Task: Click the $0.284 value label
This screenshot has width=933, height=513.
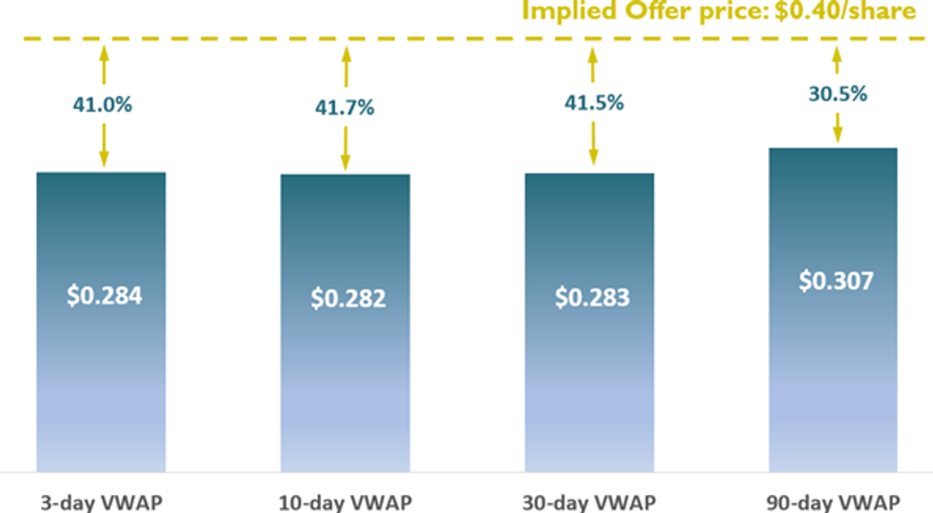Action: click(x=104, y=295)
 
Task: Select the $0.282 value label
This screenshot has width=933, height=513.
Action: click(x=347, y=298)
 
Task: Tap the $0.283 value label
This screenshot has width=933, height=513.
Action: click(x=591, y=297)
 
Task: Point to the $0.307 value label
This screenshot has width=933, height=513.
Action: click(x=835, y=282)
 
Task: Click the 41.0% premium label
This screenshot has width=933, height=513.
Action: click(x=102, y=105)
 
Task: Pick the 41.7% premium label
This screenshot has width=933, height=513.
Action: click(x=345, y=108)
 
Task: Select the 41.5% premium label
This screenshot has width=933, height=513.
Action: click(x=593, y=103)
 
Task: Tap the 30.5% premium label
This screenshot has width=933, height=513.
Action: click(x=838, y=94)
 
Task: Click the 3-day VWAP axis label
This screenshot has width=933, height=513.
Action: click(x=100, y=502)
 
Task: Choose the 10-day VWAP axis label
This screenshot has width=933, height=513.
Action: click(x=344, y=502)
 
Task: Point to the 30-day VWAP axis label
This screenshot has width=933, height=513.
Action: click(x=590, y=502)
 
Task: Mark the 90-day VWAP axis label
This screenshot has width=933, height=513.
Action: click(x=834, y=502)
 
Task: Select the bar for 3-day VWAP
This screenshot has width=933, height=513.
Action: click(x=101, y=381)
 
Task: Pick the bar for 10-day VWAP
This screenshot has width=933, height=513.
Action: click(x=345, y=381)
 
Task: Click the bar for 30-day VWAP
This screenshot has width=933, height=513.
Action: click(x=589, y=381)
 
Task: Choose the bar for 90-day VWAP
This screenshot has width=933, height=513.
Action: click(x=833, y=381)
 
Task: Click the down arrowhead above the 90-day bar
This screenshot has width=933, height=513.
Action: click(x=838, y=139)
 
